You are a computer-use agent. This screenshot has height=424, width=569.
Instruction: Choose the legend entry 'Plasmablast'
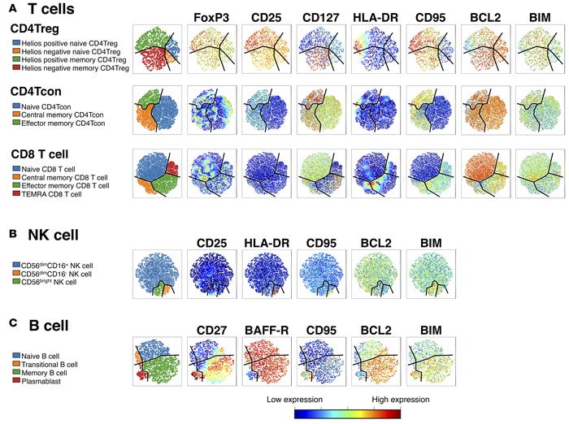[x=42, y=379]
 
